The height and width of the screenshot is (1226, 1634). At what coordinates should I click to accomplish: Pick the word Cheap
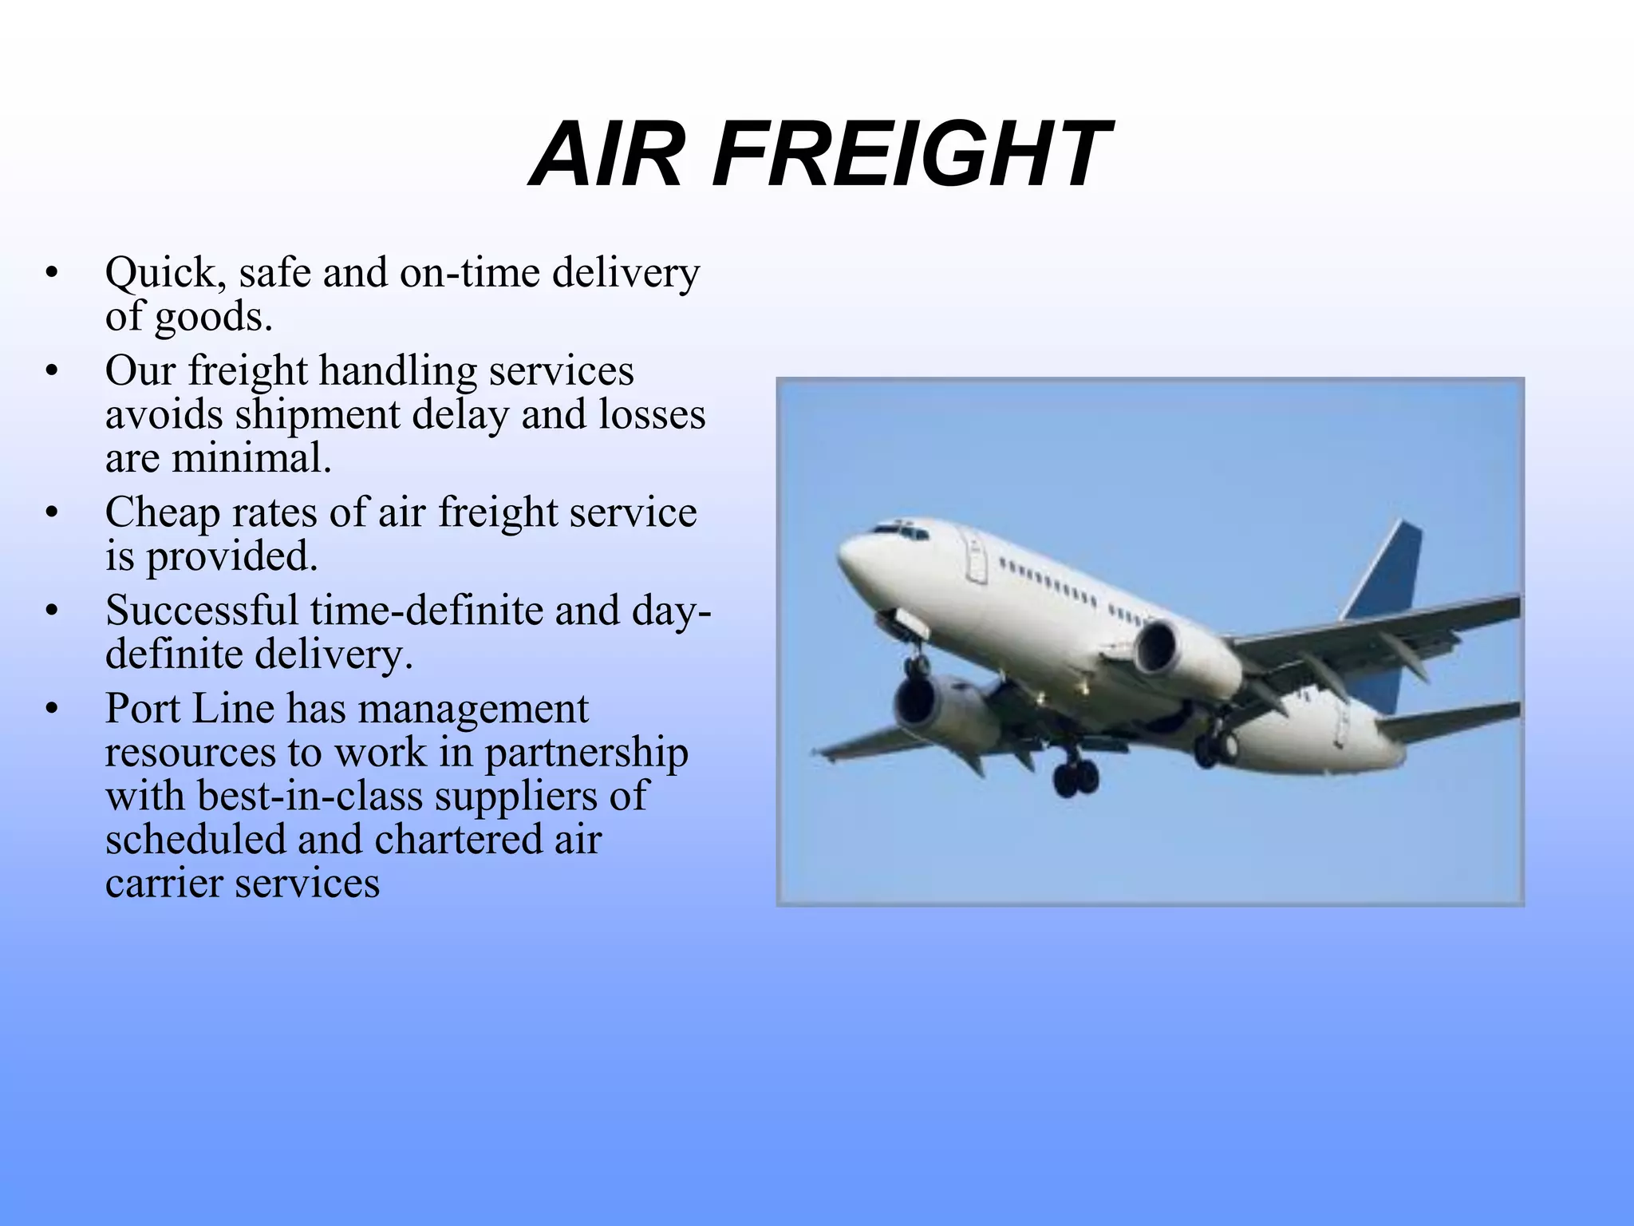pyautogui.click(x=162, y=513)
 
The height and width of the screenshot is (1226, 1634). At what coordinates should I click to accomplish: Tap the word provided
pyautogui.click(x=231, y=557)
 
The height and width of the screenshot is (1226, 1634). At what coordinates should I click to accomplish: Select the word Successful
pyautogui.click(x=203, y=611)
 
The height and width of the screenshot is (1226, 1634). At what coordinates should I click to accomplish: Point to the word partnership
pyautogui.click(x=586, y=753)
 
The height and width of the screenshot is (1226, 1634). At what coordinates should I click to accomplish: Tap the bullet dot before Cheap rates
pyautogui.click(x=52, y=513)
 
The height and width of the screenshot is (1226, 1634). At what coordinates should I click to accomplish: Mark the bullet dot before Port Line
pyautogui.click(x=52, y=709)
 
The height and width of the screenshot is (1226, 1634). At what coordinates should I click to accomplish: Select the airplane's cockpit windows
pyautogui.click(x=898, y=529)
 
